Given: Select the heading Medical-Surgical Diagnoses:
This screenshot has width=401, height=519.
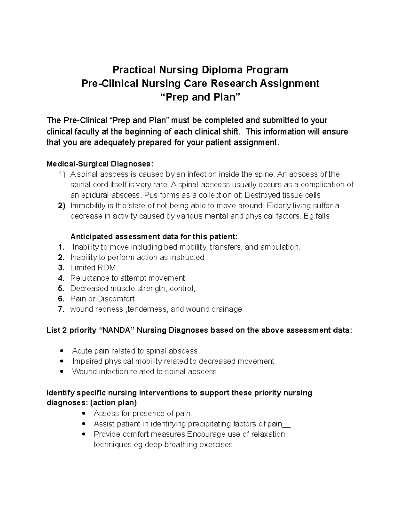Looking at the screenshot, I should tap(100, 164).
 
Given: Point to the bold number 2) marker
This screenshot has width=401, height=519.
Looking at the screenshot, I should tap(61, 206).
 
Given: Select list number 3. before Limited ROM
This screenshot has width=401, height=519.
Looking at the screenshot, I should tap(61, 268).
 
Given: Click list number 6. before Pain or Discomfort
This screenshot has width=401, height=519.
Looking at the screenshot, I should tap(61, 299).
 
